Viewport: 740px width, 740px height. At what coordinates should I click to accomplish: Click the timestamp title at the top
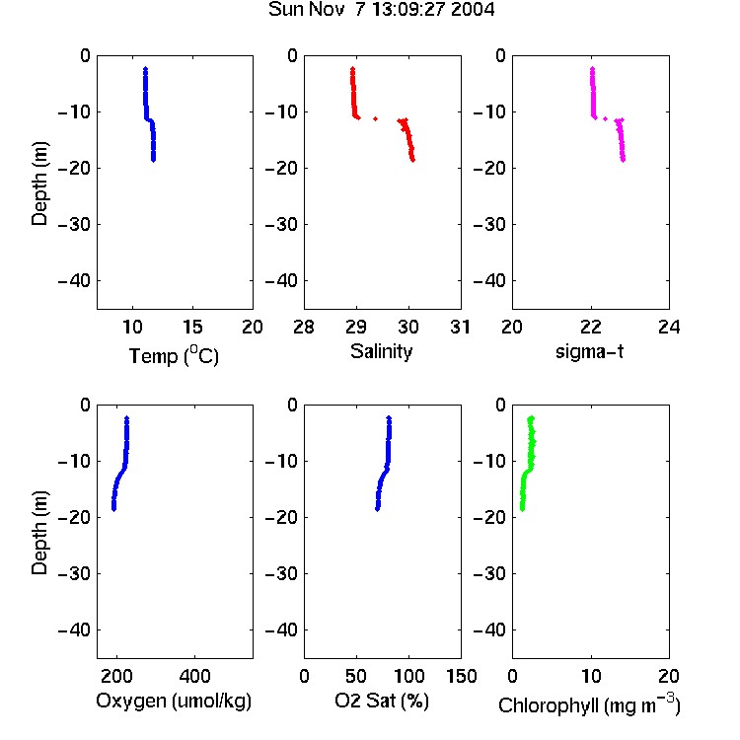tap(381, 10)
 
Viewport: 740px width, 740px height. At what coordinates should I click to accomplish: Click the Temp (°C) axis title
tap(174, 355)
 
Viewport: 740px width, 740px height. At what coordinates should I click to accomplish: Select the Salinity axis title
tap(381, 351)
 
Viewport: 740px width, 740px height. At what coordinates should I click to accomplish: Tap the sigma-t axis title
tap(589, 351)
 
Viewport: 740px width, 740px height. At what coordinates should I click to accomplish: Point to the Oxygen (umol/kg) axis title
tap(174, 701)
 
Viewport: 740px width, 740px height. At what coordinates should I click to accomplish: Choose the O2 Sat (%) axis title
tap(382, 701)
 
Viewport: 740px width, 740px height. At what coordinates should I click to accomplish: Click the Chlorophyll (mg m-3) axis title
tap(589, 704)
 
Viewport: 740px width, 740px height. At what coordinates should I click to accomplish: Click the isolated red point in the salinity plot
tap(375, 118)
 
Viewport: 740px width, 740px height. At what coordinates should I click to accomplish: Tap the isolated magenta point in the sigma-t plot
tap(605, 118)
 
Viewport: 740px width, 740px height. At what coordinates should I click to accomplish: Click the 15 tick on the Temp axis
tap(192, 327)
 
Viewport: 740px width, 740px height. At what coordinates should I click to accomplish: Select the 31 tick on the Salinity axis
tap(460, 327)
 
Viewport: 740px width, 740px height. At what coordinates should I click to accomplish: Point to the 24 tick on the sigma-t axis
tap(669, 327)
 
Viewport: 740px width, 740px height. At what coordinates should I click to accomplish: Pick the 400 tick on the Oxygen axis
tap(195, 676)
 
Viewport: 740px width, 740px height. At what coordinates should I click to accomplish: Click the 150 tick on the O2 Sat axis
tap(461, 676)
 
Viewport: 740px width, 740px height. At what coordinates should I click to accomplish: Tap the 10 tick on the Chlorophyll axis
tap(591, 676)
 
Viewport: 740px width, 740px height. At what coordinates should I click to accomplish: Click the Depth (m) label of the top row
tap(39, 184)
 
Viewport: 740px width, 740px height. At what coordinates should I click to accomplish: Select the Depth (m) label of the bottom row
tap(39, 533)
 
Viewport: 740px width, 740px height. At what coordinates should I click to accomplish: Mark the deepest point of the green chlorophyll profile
tap(522, 509)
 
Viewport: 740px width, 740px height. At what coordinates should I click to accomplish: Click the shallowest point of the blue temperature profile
tap(145, 69)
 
